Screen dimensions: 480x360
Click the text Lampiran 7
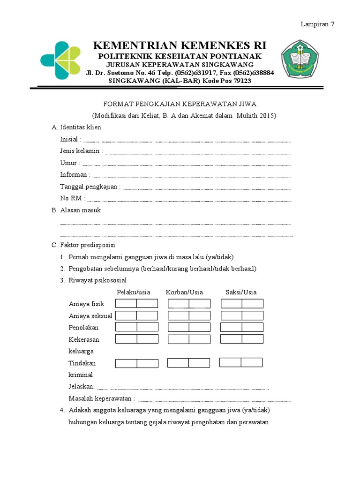317,25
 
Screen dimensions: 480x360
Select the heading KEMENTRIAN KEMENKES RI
180,45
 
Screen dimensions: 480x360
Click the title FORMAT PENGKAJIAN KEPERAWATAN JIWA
180,104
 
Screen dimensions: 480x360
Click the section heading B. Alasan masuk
76,210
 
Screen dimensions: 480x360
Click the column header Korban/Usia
184,292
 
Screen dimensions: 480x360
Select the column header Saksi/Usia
241,292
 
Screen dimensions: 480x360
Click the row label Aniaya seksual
90,315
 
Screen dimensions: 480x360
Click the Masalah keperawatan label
102,398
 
